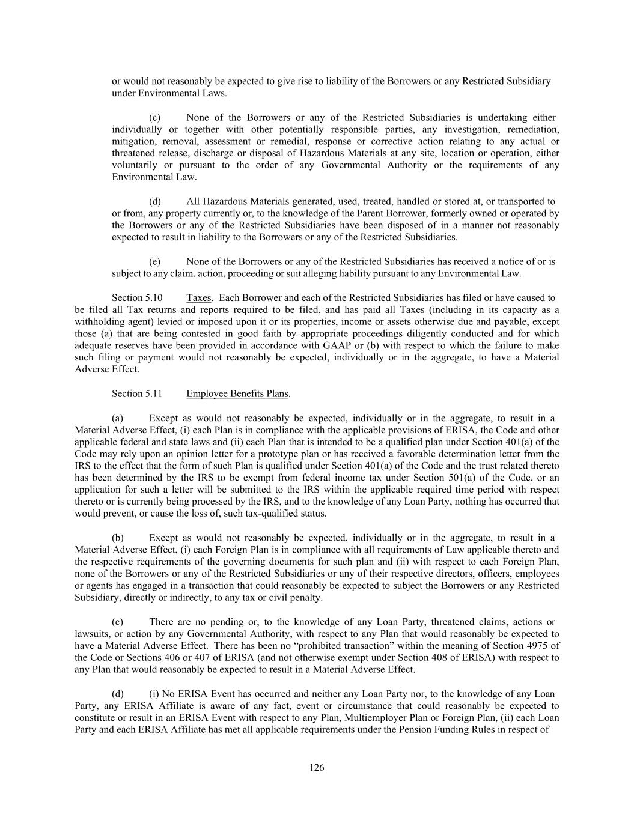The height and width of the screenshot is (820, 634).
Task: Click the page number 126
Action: click(x=317, y=767)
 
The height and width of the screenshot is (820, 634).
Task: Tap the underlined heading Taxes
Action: click(x=198, y=298)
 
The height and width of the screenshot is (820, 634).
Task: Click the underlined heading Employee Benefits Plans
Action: click(x=237, y=394)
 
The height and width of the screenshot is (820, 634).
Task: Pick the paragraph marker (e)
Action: click(x=154, y=262)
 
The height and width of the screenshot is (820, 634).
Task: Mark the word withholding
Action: click(x=97, y=322)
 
